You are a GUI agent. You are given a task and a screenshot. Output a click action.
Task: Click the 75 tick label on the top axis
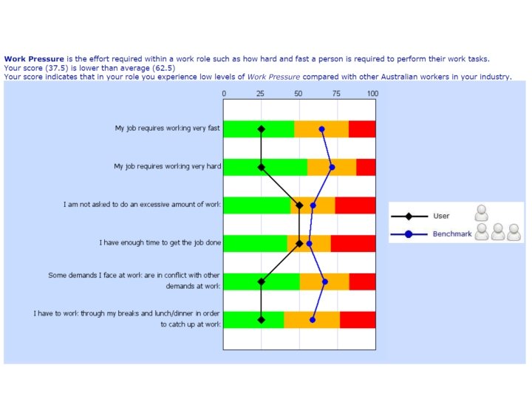(336, 94)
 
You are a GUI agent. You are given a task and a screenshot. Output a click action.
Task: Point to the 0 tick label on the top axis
(224, 94)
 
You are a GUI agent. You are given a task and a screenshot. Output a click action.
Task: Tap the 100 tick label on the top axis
(372, 94)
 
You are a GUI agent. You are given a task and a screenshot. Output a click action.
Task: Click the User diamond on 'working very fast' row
(261, 129)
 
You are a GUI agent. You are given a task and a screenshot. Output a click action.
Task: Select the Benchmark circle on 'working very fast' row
(322, 129)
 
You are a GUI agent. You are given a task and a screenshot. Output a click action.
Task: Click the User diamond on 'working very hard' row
(261, 167)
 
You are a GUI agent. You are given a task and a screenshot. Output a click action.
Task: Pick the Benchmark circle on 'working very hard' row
(332, 167)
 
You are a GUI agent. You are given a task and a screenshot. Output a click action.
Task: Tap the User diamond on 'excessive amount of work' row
(299, 205)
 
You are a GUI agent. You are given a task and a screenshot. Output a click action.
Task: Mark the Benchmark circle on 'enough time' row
(310, 243)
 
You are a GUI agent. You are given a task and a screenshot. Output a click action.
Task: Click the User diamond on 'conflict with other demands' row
(261, 282)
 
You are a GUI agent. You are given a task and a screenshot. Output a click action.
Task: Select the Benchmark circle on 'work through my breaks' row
(313, 320)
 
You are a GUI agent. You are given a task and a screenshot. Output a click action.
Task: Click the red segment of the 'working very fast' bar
(362, 129)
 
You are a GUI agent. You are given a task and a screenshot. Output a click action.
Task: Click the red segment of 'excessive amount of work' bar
(355, 205)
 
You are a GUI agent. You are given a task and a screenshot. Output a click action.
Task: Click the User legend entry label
(441, 216)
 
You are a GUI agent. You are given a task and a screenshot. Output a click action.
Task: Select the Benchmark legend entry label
(451, 233)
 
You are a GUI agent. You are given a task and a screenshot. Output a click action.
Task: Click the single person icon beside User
(482, 214)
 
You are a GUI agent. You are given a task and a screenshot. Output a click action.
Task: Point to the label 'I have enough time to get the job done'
(160, 242)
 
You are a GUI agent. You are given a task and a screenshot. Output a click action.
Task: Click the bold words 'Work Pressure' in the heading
(34, 58)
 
